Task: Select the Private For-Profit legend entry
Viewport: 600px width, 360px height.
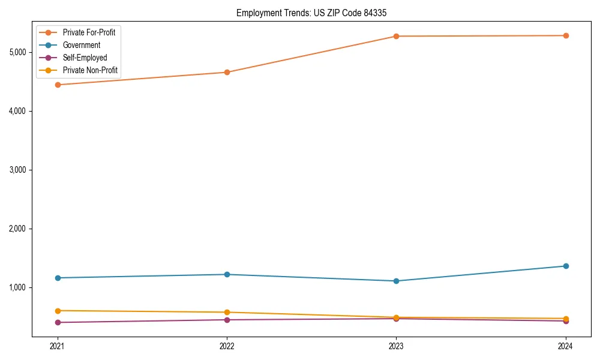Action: [x=89, y=32]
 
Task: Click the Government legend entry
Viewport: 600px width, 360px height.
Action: [x=82, y=45]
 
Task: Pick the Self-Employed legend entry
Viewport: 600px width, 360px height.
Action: [x=85, y=58]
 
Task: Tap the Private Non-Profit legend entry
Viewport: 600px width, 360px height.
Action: [x=90, y=71]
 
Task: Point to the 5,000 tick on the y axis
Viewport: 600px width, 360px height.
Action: [x=17, y=52]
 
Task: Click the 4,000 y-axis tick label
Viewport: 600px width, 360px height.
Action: [x=17, y=111]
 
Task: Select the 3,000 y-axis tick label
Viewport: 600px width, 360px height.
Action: [x=17, y=170]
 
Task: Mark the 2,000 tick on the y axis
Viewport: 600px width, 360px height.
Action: [x=17, y=229]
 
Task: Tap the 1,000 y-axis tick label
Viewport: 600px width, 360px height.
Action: [x=17, y=287]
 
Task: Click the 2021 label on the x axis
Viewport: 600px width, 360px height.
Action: [x=58, y=346]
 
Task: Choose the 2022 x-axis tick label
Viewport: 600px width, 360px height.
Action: [x=227, y=346]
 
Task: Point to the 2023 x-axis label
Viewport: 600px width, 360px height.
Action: [x=396, y=346]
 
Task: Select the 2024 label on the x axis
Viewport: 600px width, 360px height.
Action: [x=565, y=346]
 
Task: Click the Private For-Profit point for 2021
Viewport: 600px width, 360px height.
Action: [x=58, y=85]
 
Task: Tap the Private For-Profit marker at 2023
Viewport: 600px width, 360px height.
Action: [x=396, y=36]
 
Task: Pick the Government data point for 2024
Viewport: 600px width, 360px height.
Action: [x=565, y=266]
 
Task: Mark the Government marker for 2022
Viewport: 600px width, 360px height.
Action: [x=227, y=274]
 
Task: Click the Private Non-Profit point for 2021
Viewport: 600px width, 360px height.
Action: [x=58, y=311]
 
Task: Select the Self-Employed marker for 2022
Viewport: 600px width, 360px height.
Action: [x=227, y=320]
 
